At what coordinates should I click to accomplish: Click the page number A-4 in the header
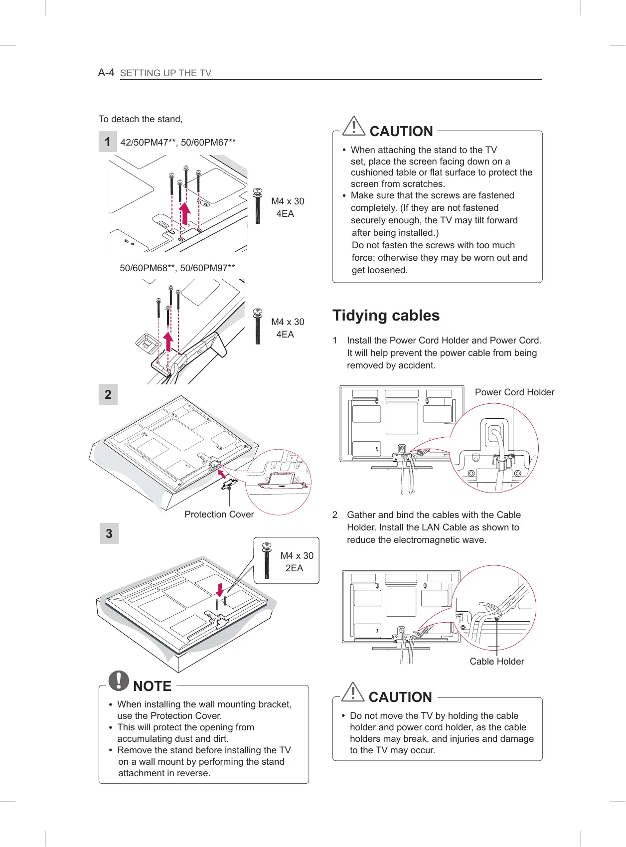click(x=106, y=73)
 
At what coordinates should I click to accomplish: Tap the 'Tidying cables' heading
click(x=386, y=316)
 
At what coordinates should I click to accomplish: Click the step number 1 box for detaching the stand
click(x=108, y=142)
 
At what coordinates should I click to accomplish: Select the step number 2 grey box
click(x=108, y=395)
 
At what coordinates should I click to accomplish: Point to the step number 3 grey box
click(x=109, y=534)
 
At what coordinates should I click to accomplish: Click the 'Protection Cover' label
click(x=219, y=514)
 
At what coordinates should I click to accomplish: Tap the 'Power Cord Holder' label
click(x=514, y=392)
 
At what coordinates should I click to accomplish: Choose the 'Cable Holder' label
click(x=497, y=662)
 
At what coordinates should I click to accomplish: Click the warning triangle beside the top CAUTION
click(x=354, y=126)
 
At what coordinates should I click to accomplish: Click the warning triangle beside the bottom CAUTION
click(x=353, y=692)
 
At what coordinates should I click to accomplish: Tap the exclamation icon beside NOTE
click(x=119, y=680)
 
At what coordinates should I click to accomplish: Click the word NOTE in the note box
click(x=152, y=686)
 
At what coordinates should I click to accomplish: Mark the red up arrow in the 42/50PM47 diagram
click(x=185, y=213)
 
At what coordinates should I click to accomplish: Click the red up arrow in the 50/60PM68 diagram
click(x=169, y=341)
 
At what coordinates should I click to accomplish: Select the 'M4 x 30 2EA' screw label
click(x=297, y=562)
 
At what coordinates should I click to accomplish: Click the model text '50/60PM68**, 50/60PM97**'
click(x=177, y=268)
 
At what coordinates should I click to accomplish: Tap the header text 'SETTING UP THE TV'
click(x=166, y=73)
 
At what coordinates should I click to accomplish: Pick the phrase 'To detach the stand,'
click(x=141, y=119)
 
